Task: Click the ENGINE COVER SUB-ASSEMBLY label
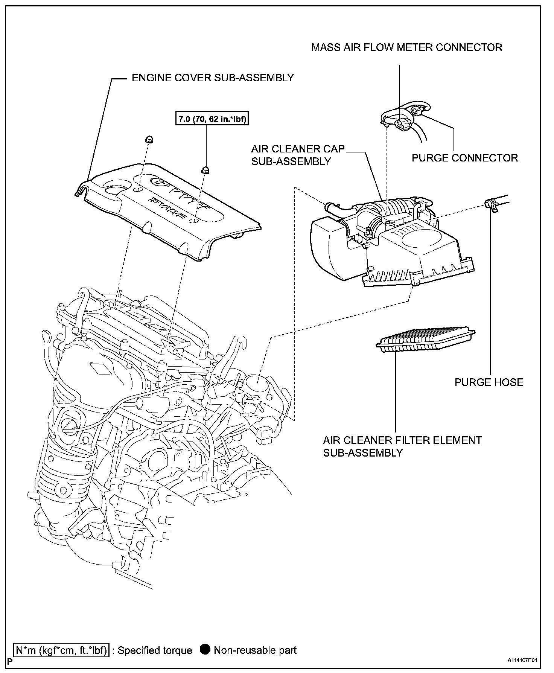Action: tap(213, 78)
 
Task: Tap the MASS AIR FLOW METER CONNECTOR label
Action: tap(406, 47)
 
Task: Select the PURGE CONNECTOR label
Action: tap(464, 158)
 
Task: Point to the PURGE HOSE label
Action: tap(489, 382)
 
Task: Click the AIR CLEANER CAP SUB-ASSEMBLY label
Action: tap(298, 155)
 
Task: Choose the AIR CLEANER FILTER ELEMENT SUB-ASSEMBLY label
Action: tap(402, 446)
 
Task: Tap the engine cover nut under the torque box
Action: tap(205, 169)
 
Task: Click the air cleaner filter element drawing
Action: tap(426, 339)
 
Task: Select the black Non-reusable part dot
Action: tap(205, 650)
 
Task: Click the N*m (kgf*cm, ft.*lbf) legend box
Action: tap(61, 650)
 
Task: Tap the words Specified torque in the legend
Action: tap(155, 650)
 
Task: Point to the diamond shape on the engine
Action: tap(99, 369)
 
